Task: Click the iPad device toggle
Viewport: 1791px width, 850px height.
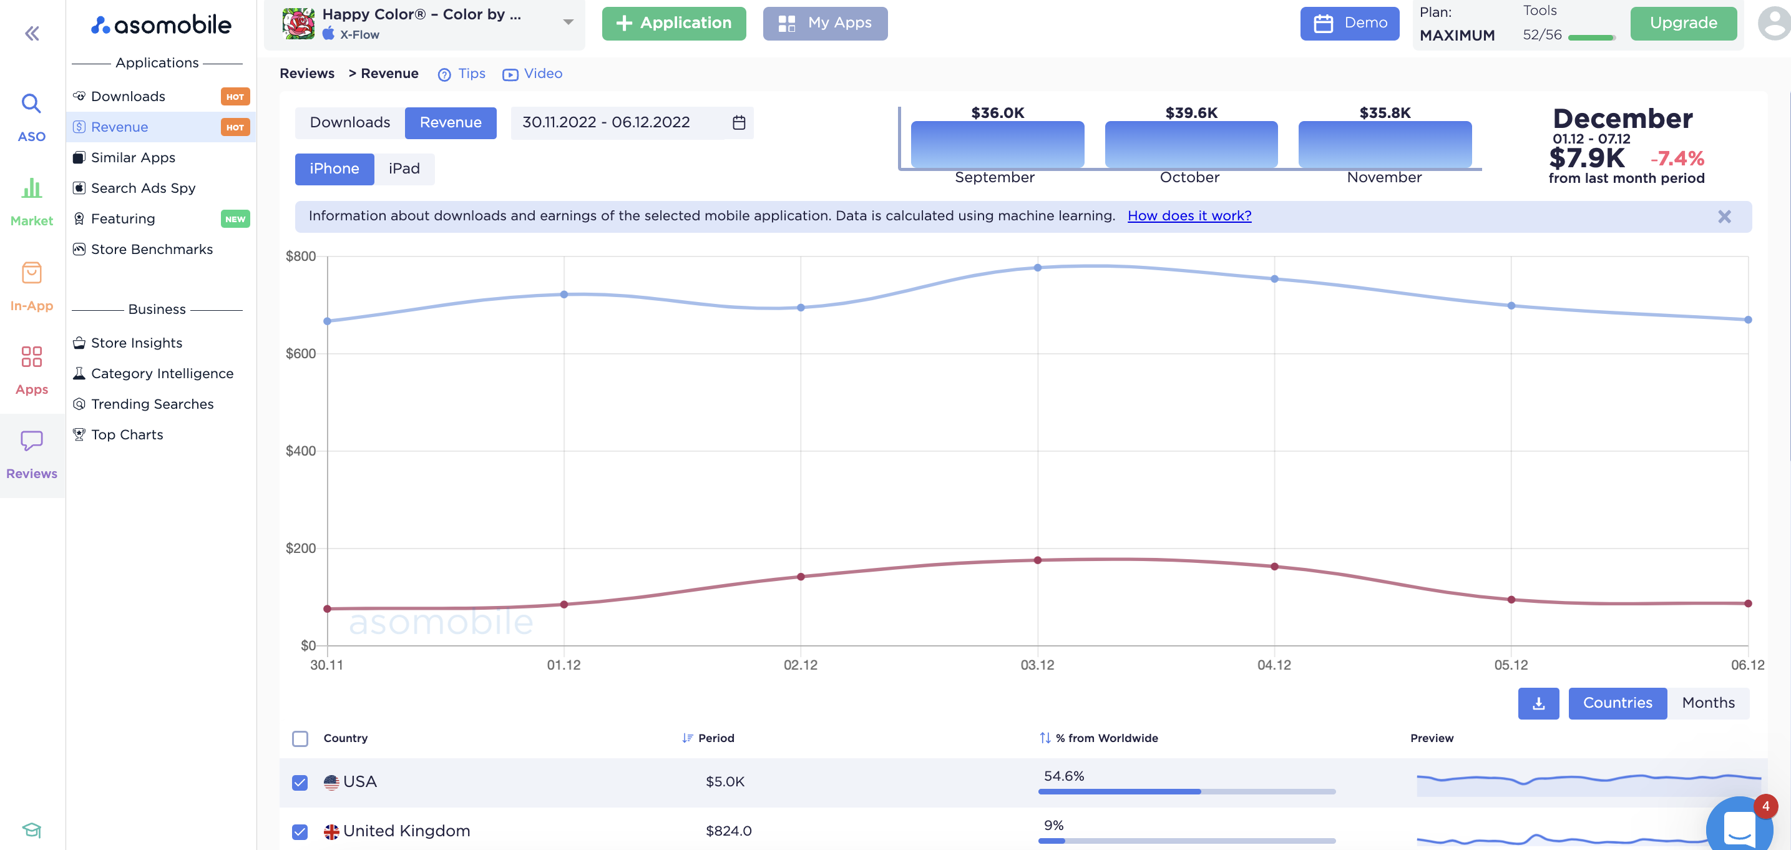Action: click(404, 169)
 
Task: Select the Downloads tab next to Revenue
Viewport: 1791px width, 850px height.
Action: click(349, 122)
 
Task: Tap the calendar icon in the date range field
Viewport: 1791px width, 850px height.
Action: click(738, 122)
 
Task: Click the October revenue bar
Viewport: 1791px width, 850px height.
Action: click(1190, 144)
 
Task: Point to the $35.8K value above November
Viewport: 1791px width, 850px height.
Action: click(1384, 113)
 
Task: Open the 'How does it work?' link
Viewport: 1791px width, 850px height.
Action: click(1189, 216)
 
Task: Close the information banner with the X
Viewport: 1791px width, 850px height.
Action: click(1724, 217)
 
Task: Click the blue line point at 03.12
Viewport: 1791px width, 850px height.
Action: click(1037, 268)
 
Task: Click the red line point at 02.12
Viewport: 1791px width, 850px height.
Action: click(801, 577)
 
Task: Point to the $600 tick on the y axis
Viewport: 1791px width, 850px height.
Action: click(300, 353)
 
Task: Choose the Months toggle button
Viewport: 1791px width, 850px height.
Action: click(1707, 703)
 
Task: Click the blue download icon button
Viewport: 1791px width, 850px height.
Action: click(1538, 703)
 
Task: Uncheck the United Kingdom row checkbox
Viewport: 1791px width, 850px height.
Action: click(300, 831)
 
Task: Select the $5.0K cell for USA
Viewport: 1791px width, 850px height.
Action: click(725, 781)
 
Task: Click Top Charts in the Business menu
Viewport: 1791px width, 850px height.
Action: click(127, 435)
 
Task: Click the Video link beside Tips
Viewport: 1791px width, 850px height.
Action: click(542, 74)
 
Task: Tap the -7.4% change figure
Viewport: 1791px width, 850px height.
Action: click(1676, 158)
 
